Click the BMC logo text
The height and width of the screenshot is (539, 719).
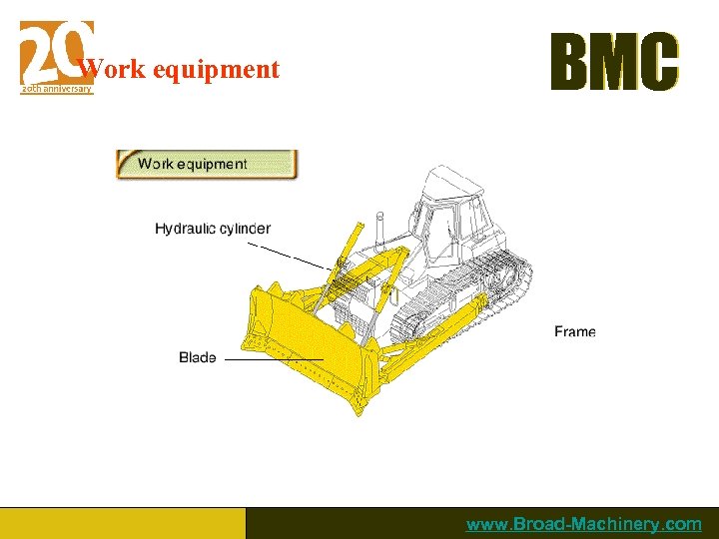tap(614, 63)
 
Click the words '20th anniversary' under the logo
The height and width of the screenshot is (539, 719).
tap(57, 89)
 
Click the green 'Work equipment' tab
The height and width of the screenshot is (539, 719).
tap(207, 164)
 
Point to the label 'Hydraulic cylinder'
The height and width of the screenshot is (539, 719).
tap(212, 229)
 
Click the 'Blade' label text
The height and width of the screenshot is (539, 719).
tap(198, 357)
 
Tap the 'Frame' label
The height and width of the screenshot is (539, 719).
tap(574, 331)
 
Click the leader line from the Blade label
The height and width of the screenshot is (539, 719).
tap(274, 359)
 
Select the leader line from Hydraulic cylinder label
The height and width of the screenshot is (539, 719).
tap(290, 254)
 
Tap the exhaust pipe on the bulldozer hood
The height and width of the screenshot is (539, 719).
tap(379, 225)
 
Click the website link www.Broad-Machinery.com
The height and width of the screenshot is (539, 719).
tap(583, 524)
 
